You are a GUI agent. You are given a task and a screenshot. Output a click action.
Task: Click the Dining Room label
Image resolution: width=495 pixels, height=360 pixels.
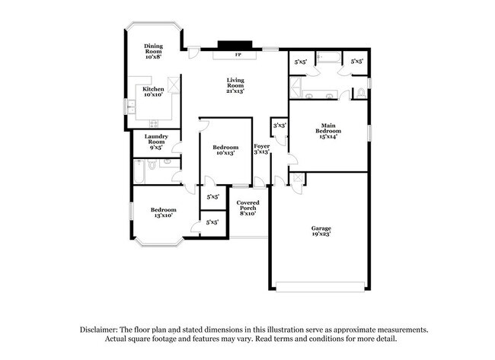click(154, 50)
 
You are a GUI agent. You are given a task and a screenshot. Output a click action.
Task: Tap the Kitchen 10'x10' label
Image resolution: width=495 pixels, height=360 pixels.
click(154, 92)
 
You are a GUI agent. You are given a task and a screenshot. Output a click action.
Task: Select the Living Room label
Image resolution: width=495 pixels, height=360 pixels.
click(235, 85)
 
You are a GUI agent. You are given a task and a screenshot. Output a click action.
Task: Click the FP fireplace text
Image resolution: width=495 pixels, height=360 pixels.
click(238, 56)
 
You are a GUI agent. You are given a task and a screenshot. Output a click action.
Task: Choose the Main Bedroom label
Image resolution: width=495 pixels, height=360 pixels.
click(328, 129)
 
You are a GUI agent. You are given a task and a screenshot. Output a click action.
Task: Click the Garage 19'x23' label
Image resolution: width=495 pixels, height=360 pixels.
click(321, 231)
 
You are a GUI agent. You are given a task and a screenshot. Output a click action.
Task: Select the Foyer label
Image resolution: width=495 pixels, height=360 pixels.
click(261, 148)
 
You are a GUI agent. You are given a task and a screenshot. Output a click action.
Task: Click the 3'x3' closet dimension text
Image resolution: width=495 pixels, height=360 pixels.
click(279, 125)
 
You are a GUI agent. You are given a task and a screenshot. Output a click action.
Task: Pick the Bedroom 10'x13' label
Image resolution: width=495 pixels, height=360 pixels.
click(225, 150)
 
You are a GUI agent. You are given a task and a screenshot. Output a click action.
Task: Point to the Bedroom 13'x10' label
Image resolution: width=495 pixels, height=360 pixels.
click(163, 212)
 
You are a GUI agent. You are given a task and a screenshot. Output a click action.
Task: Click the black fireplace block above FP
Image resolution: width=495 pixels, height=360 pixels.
click(229, 45)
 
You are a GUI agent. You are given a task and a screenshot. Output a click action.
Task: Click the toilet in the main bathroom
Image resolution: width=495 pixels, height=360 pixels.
click(360, 94)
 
